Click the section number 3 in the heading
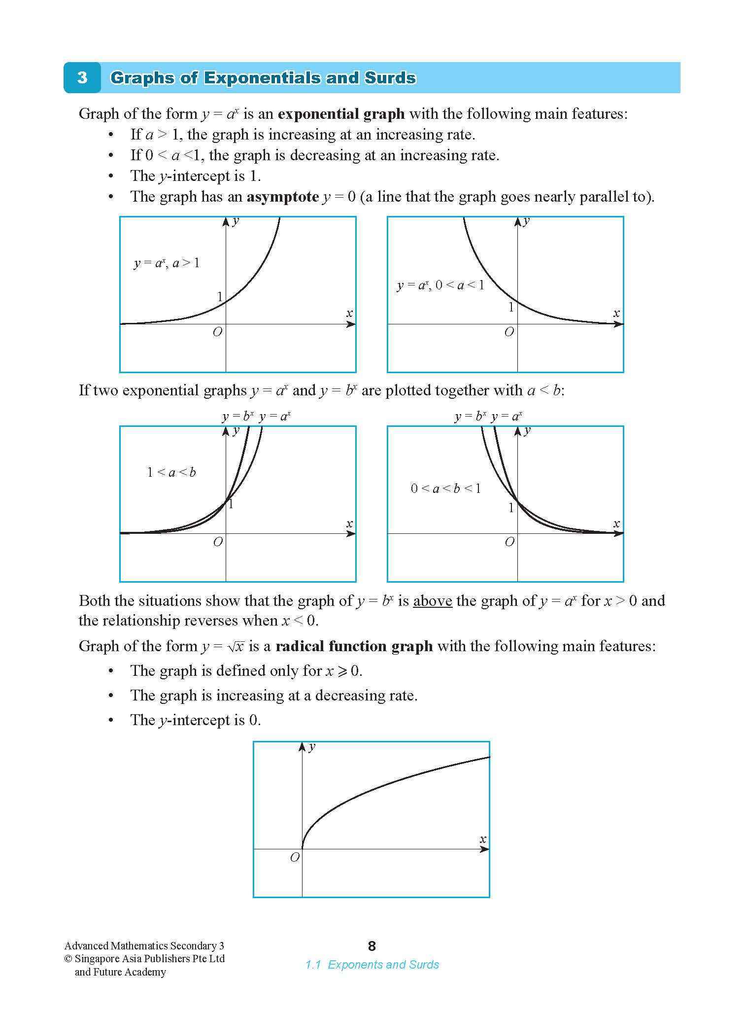pyautogui.click(x=82, y=78)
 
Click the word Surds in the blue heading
pyautogui.click(x=390, y=78)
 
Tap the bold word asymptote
pyautogui.click(x=283, y=197)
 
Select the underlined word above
pyautogui.click(x=432, y=601)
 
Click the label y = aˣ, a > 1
pyautogui.click(x=167, y=263)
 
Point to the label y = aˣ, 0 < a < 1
pyautogui.click(x=440, y=285)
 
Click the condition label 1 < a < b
pyautogui.click(x=171, y=473)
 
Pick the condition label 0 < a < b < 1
pyautogui.click(x=445, y=489)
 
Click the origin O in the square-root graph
pyautogui.click(x=295, y=858)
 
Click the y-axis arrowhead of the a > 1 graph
pyautogui.click(x=226, y=222)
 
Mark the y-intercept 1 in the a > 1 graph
pyautogui.click(x=220, y=297)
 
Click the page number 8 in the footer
pyautogui.click(x=372, y=946)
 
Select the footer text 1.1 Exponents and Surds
pyautogui.click(x=372, y=965)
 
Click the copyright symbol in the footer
pyautogui.click(x=68, y=959)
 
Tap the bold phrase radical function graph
pyautogui.click(x=354, y=646)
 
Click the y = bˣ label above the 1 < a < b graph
pyautogui.click(x=237, y=417)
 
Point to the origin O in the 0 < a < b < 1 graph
pyautogui.click(x=509, y=542)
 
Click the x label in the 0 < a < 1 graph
pyautogui.click(x=616, y=313)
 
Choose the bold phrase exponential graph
pyautogui.click(x=341, y=114)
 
